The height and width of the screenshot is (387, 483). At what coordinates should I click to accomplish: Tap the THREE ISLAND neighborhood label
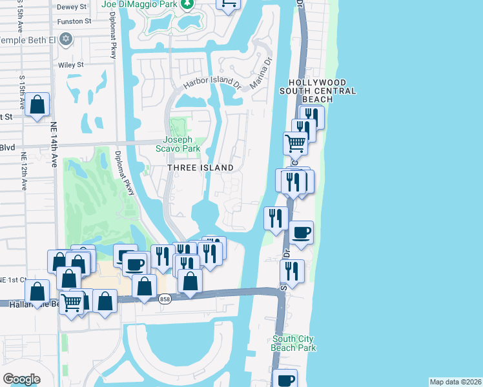200,168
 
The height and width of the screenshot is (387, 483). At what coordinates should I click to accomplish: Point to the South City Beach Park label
294,343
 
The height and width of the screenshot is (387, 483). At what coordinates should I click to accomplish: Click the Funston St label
74,21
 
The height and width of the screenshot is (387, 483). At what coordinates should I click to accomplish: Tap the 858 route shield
165,299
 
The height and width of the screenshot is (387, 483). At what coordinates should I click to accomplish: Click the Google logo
21,379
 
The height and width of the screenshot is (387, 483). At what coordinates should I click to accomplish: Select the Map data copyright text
456,382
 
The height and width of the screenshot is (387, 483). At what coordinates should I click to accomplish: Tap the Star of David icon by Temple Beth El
64,40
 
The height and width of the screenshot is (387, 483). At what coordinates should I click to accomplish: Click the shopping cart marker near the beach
295,143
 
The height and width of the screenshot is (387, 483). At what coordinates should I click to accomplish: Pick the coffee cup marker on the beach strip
301,232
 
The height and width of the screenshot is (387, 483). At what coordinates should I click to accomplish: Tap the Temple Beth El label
28,40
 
